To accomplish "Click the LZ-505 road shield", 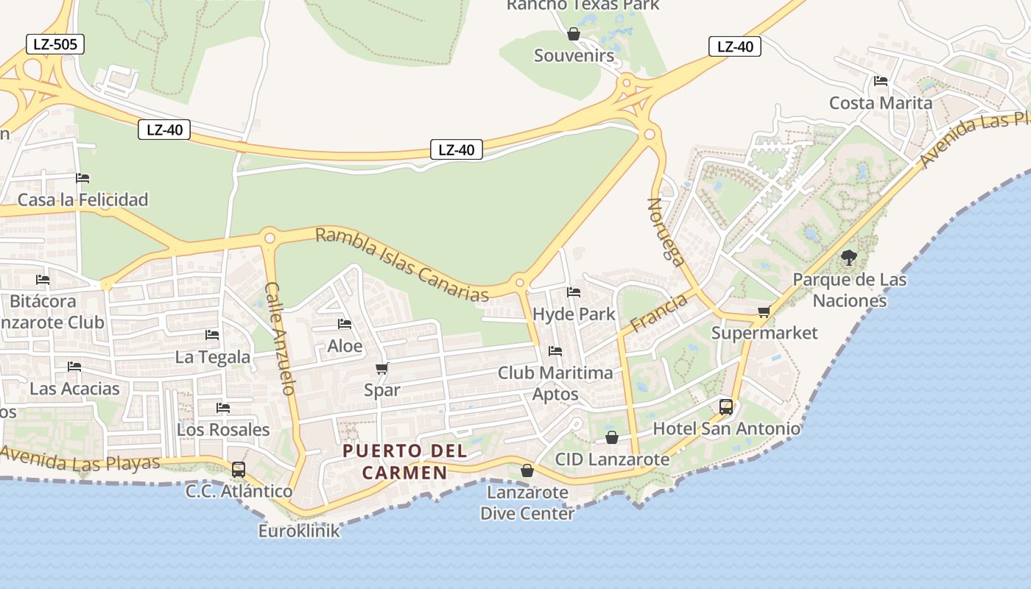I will coord(55,44).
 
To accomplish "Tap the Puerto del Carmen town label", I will coord(404,461).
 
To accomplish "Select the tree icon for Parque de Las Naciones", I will coord(849,258).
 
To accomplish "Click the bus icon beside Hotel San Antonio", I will coord(725,406).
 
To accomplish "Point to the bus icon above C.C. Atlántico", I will coord(239,470).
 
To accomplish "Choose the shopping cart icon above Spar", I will coord(381,368).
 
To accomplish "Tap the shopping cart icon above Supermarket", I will coord(764,311).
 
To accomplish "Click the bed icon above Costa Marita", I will coord(880,81).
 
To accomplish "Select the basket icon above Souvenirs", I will coord(574,34).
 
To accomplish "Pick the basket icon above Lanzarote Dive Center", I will coord(527,470).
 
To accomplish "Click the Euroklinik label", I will coord(299,530).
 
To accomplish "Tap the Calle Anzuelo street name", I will coord(280,338).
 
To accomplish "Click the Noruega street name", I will coord(666,230).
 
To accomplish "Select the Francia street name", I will coord(658,312).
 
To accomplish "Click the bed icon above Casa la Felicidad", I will coord(82,178).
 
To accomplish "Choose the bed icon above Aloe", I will coord(344,324).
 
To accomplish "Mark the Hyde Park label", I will coord(574,314).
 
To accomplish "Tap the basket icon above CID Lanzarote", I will coord(612,438).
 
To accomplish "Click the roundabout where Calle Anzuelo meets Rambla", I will coord(270,238).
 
